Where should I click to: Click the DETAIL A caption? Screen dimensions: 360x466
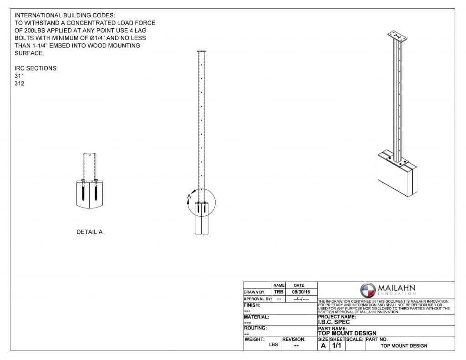(89, 232)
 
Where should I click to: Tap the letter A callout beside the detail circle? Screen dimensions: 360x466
(189, 197)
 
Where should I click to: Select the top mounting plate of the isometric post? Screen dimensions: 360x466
(397, 37)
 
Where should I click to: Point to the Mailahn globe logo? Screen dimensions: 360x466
(368, 290)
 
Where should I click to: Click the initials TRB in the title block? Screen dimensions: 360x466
(279, 292)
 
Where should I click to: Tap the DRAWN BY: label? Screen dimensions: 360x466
(255, 292)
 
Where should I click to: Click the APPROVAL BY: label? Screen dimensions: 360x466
(257, 299)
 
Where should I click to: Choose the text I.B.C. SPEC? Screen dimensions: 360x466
(334, 322)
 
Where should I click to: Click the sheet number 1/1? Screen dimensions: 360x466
(337, 345)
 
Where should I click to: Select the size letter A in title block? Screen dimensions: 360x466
(323, 345)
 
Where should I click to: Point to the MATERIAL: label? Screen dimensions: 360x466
(257, 317)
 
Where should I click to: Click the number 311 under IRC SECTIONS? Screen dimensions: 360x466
(20, 76)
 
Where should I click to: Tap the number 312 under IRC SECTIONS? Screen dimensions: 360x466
(20, 84)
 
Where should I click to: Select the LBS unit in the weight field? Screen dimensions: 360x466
(274, 345)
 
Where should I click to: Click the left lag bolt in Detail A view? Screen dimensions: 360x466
(84, 191)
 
